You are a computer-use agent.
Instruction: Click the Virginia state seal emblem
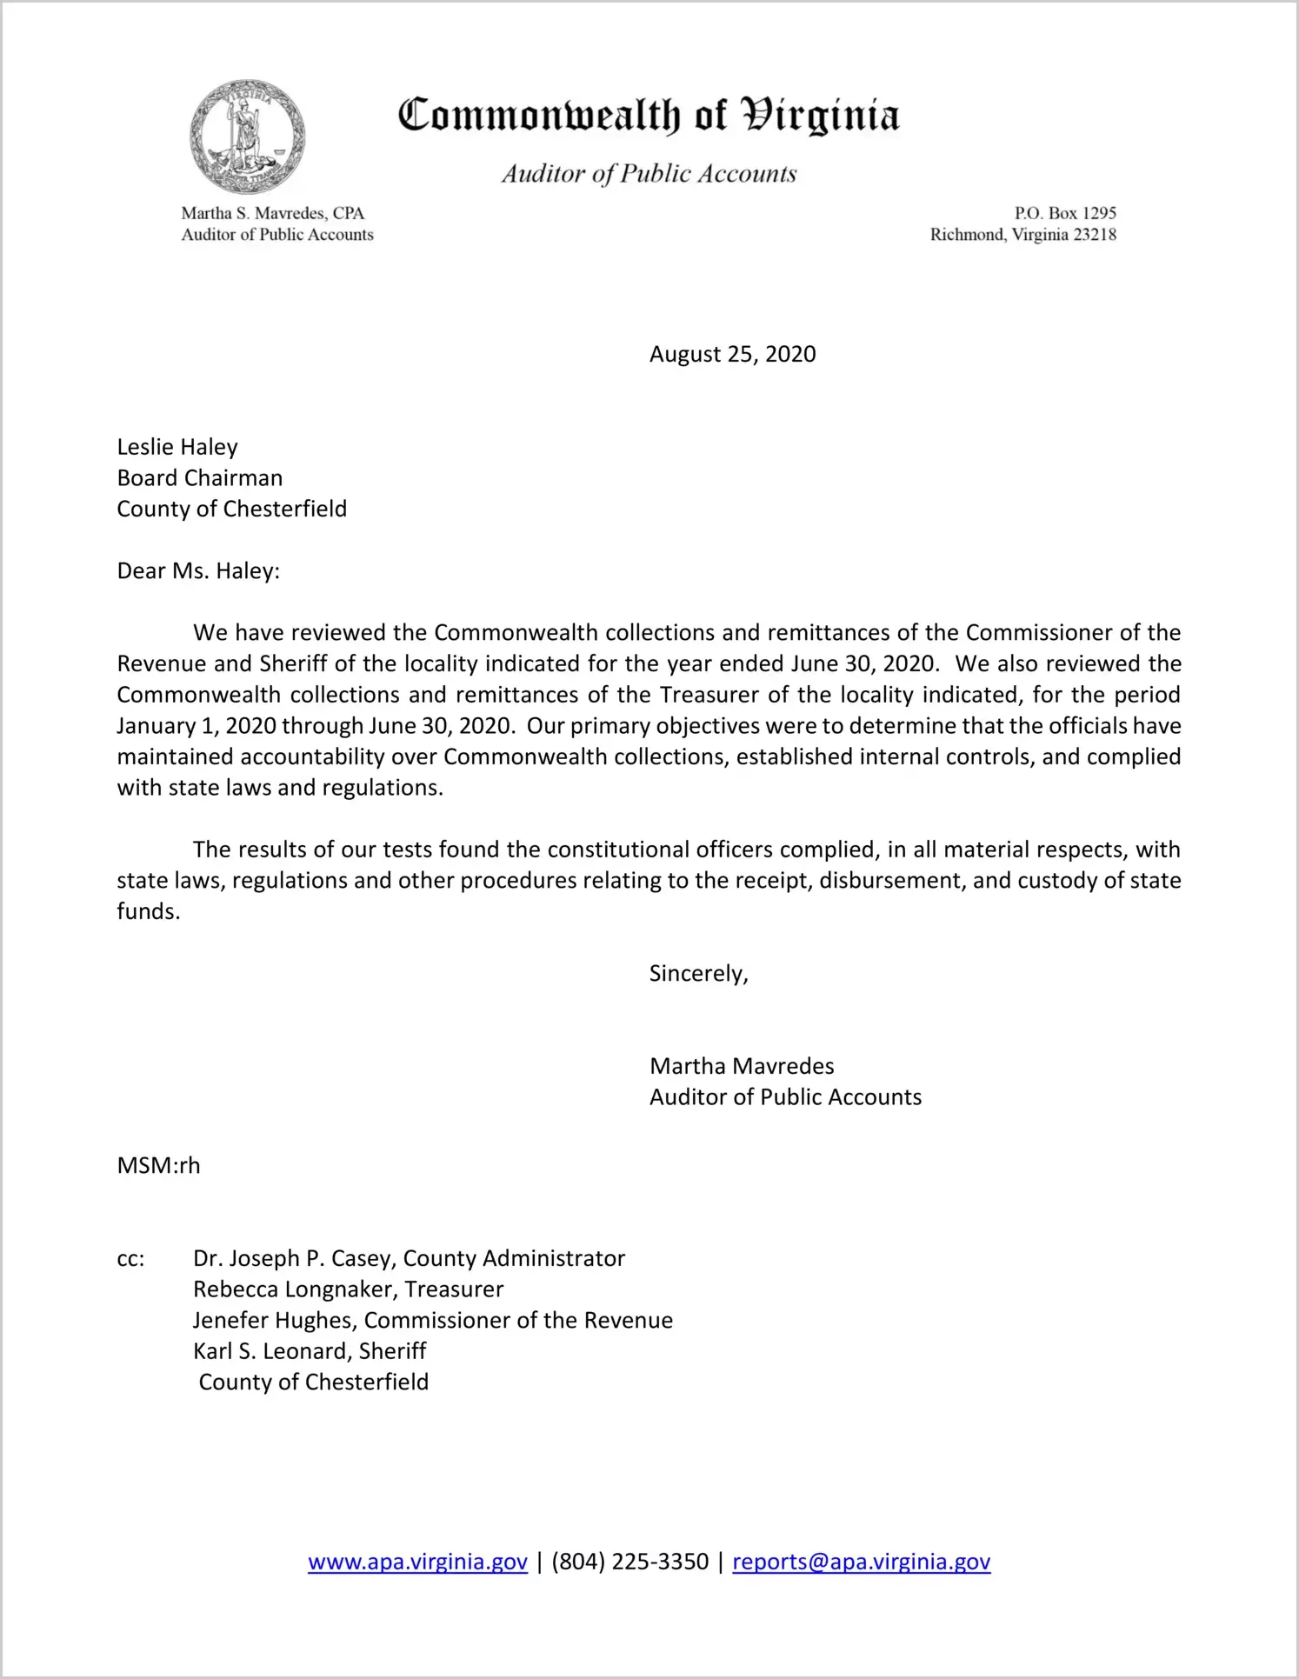[248, 137]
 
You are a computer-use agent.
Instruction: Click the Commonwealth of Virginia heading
[649, 116]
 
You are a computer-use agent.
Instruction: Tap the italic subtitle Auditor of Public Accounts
[649, 174]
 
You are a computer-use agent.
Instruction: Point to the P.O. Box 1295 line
[1065, 213]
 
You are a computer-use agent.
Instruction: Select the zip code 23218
[1094, 235]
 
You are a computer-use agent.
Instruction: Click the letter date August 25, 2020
[732, 354]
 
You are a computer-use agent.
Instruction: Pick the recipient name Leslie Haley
[177, 447]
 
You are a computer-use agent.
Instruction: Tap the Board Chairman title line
[200, 478]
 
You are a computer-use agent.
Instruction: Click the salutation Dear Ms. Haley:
[198, 571]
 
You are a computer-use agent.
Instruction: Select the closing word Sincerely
[698, 973]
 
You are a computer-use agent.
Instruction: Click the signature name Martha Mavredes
[742, 1066]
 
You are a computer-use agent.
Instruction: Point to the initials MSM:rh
[158, 1165]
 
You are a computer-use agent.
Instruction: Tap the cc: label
[130, 1259]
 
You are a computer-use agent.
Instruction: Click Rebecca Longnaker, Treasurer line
[348, 1289]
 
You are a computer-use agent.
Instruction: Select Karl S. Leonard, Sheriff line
[310, 1351]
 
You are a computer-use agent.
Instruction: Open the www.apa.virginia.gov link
[417, 1562]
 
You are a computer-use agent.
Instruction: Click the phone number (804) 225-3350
[630, 1562]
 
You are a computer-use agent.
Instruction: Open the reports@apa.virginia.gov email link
[861, 1562]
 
